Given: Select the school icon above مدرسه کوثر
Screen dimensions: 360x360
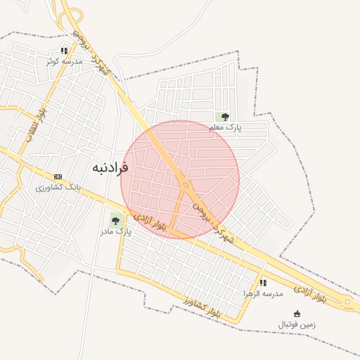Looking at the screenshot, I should tap(64, 51).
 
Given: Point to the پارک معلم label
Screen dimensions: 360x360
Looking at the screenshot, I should tap(225, 127).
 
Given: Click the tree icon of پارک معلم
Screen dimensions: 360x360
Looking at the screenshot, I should tap(225, 117).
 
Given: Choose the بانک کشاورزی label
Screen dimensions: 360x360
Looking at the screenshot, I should tap(59, 188).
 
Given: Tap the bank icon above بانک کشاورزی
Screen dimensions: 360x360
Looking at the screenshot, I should tap(58, 177).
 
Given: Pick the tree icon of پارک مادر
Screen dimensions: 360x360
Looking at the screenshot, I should tap(115, 220).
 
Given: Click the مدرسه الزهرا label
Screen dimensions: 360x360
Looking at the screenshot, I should tap(263, 292).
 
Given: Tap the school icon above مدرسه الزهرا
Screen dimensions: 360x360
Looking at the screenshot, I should tap(263, 282).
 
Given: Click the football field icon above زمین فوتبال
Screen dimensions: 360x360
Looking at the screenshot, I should tap(297, 314).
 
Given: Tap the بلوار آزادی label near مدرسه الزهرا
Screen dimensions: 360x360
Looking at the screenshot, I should tap(310, 293).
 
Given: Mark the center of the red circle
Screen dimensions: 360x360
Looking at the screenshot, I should tap(180, 179).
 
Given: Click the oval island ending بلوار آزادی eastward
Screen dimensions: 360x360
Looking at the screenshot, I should tap(347, 304).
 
